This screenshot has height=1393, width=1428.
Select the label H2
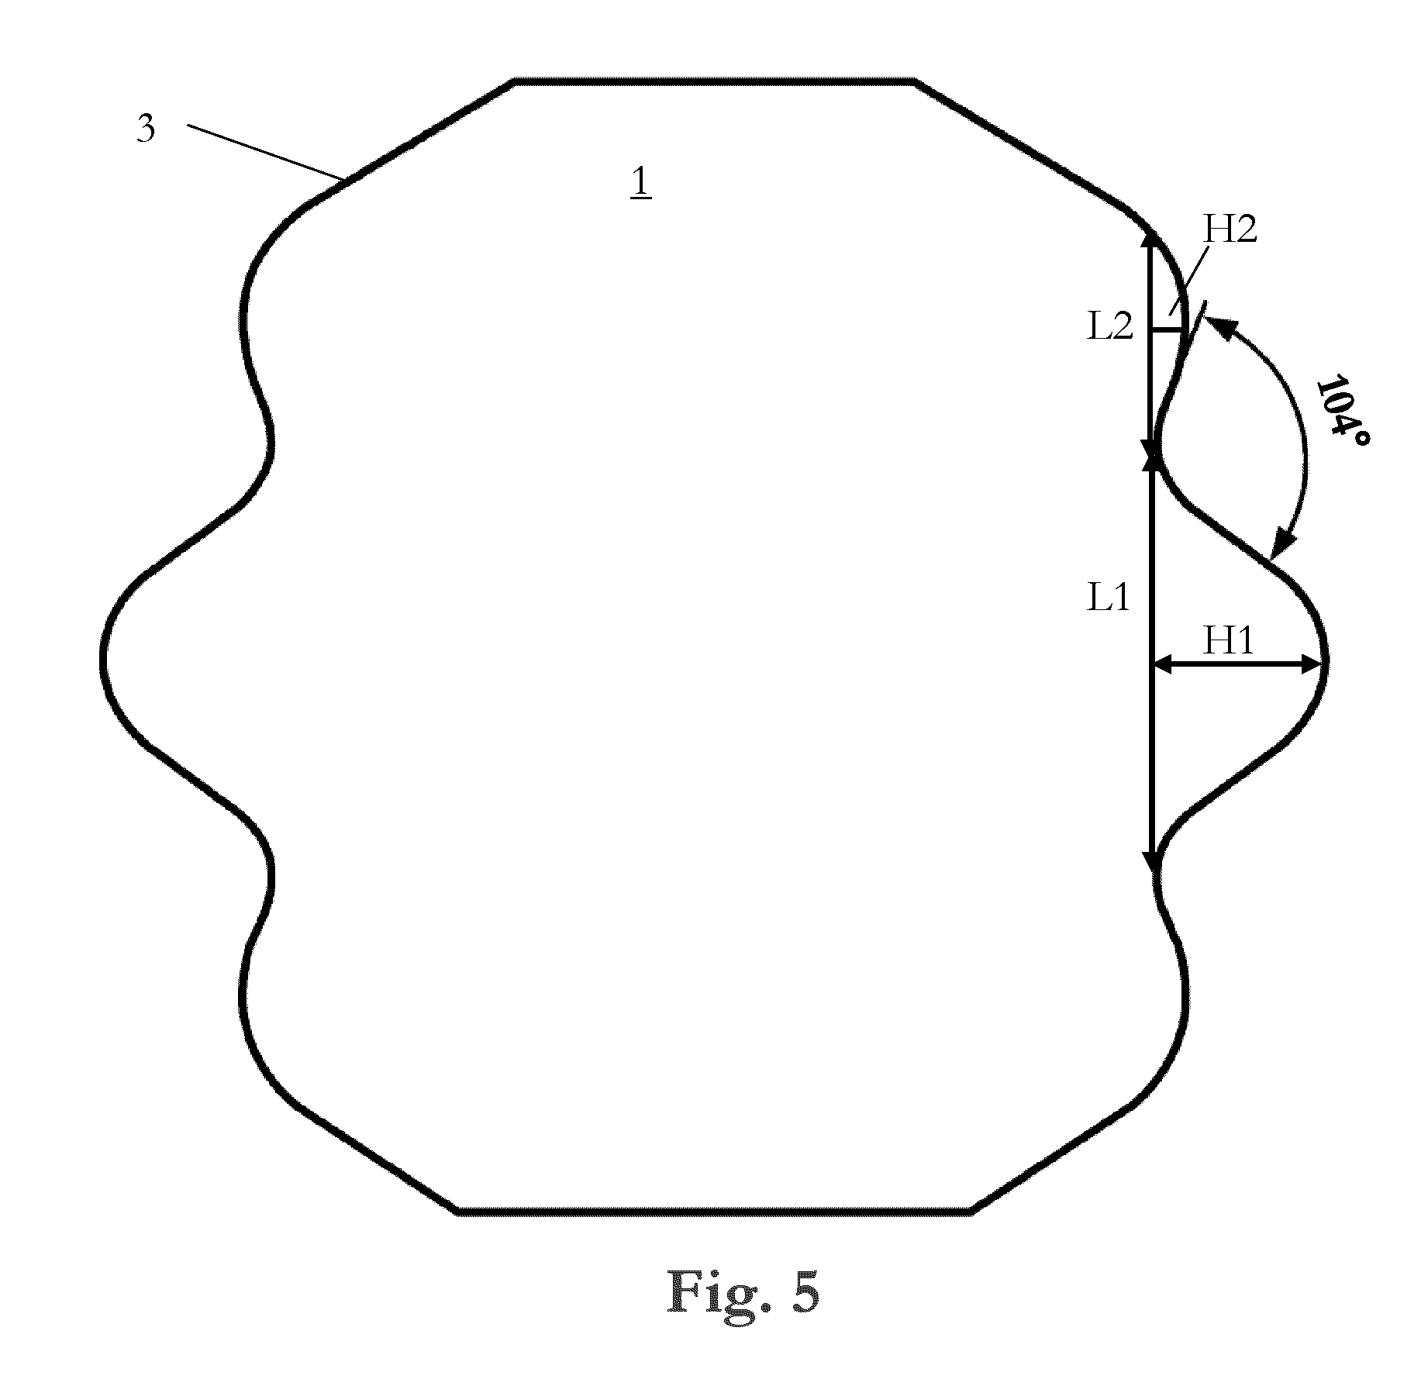pos(1230,229)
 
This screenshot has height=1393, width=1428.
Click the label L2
pos(1111,327)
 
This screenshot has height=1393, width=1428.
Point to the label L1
pos(1109,598)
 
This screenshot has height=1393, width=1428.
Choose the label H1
pos(1228,641)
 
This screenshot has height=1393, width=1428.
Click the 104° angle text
pos(1342,417)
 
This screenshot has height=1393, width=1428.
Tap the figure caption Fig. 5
pos(743,1292)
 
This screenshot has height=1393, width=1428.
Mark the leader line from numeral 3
pos(266,152)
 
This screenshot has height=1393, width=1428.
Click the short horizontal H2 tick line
pos(1167,331)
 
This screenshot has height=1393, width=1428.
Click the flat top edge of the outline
pos(715,81)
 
